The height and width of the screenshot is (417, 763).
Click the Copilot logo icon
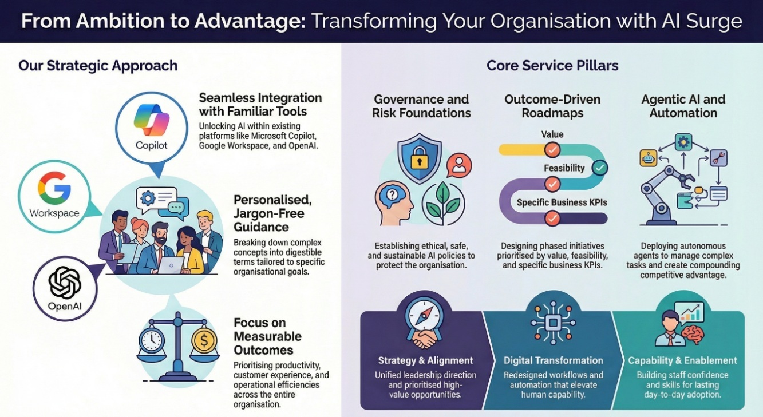[152, 120]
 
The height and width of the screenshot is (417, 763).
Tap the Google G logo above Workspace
[54, 188]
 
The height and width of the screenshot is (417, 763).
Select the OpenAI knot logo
[65, 283]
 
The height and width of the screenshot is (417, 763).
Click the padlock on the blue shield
[420, 157]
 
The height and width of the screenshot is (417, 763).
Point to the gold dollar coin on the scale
[204, 340]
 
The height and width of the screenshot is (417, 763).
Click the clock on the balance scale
[152, 340]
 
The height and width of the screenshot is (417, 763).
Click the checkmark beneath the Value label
[552, 149]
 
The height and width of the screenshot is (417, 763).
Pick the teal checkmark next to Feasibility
[599, 168]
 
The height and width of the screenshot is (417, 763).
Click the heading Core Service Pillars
[552, 65]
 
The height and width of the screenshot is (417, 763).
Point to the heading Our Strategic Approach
[98, 66]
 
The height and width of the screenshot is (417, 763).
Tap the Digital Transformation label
[553, 360]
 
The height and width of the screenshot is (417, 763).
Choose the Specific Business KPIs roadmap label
[562, 202]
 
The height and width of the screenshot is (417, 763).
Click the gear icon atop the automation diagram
[683, 142]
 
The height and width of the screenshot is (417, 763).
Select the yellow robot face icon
[648, 158]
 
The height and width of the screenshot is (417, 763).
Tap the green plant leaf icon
[443, 202]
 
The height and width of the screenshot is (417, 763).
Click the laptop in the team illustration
[171, 265]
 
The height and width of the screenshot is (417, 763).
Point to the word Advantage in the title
[250, 21]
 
